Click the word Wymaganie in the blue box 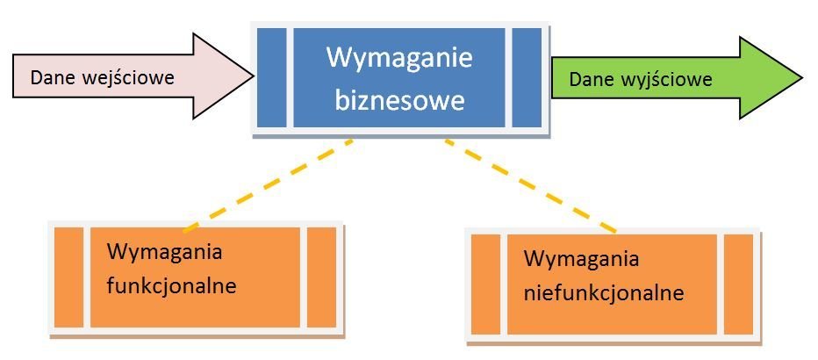tap(398, 60)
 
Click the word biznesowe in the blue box tap(398, 100)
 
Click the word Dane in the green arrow tap(588, 80)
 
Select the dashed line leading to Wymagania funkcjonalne tap(269, 184)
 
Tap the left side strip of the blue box tap(272, 77)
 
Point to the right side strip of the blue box tap(527, 77)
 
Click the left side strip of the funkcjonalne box tap(68, 277)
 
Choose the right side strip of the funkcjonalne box tap(321, 277)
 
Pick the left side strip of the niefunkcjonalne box tap(485, 284)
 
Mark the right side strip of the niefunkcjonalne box tap(738, 284)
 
